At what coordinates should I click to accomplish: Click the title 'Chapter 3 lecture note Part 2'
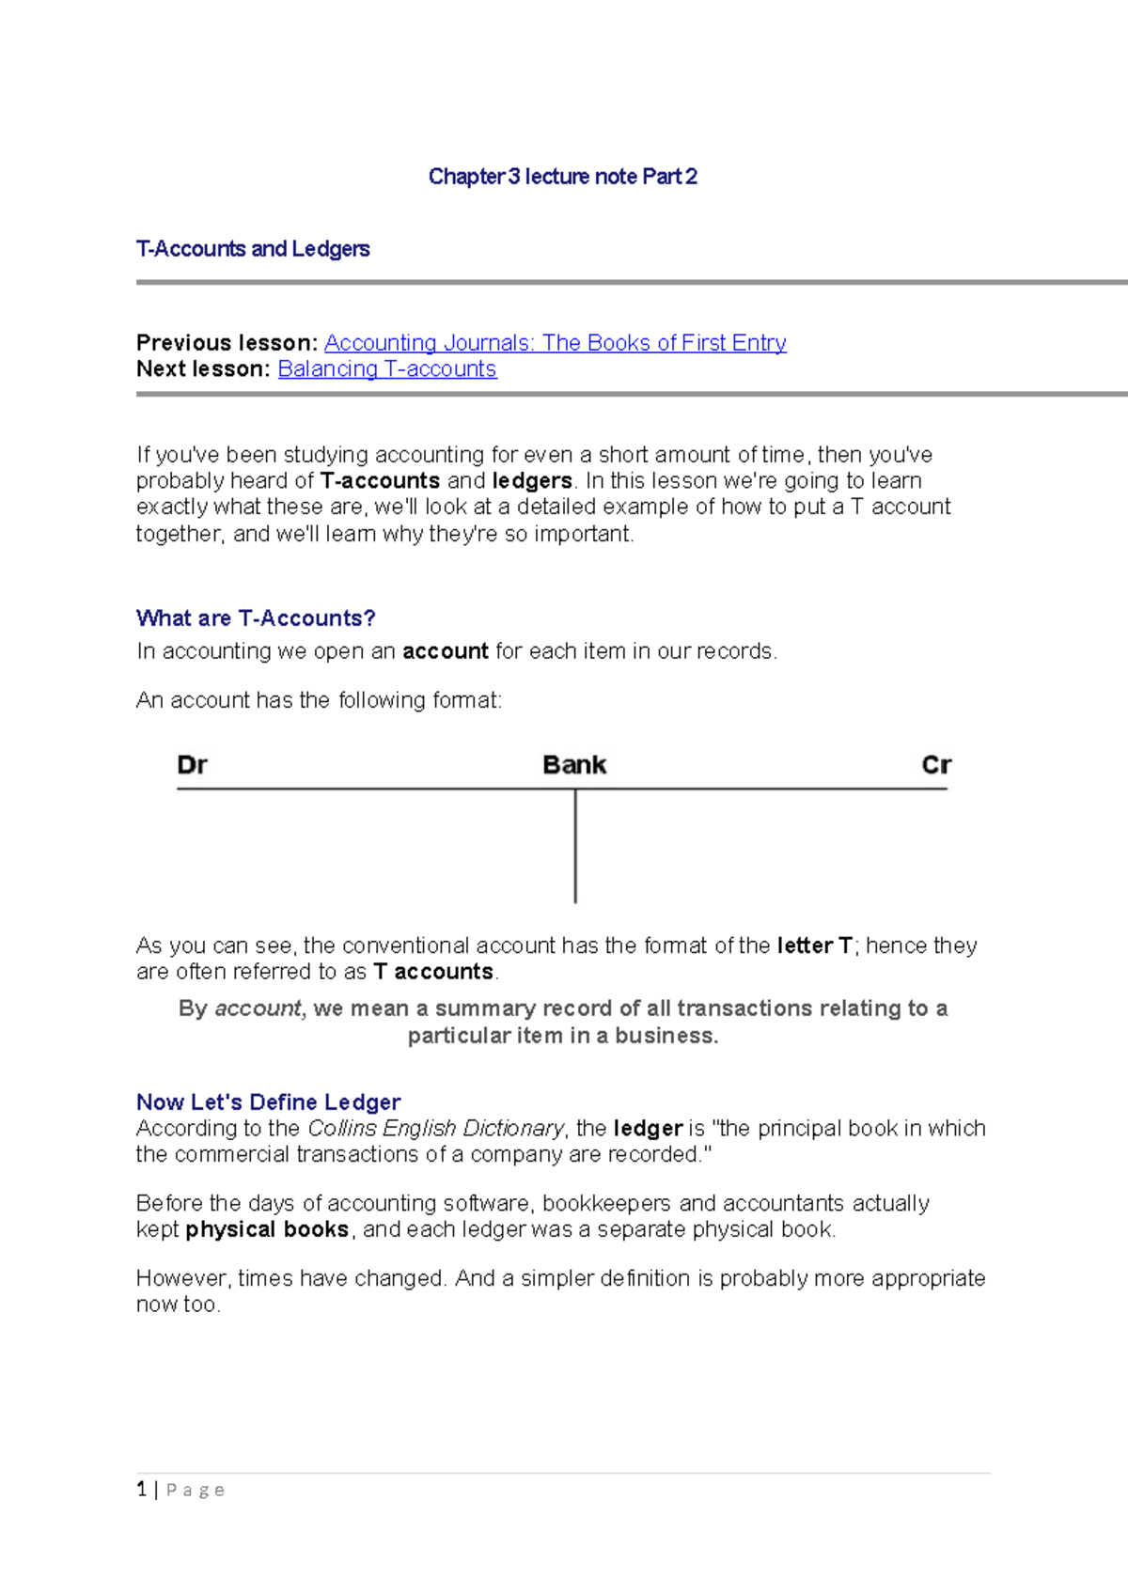[562, 177]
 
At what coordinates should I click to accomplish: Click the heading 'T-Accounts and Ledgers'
[253, 249]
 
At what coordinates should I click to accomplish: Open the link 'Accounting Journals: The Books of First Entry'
[555, 343]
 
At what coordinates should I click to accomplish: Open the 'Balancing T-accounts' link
[386, 369]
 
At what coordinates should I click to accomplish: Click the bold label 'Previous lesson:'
[227, 343]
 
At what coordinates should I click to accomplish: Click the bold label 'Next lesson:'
[203, 369]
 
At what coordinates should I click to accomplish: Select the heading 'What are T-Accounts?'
[256, 618]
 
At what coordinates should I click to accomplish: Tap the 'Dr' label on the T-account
[192, 765]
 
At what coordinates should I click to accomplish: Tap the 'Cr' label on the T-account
[936, 765]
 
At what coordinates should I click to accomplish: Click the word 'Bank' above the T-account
[574, 765]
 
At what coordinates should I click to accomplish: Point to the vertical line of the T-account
[575, 846]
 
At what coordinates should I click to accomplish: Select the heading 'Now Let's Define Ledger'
[268, 1102]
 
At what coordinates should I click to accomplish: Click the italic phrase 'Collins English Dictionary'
[435, 1128]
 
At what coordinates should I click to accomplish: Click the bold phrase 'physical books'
[267, 1229]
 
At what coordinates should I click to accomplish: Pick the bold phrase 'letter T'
[814, 945]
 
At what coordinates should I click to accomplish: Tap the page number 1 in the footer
[142, 1489]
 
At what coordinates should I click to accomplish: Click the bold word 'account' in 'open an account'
[445, 651]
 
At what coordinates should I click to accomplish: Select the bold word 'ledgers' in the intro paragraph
[532, 481]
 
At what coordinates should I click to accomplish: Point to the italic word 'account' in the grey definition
[258, 1008]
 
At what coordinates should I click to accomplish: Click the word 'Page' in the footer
[196, 1490]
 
